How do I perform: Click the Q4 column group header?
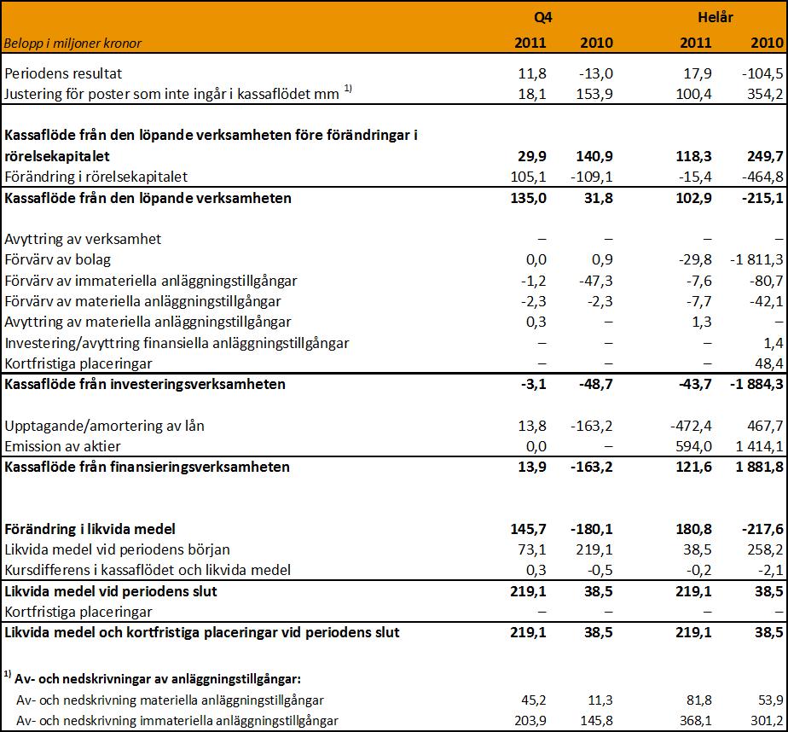coord(542,18)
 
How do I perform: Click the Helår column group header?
coord(716,17)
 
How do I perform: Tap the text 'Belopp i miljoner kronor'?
coord(72,44)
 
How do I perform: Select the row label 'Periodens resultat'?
coord(63,73)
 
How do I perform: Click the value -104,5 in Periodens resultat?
coord(762,73)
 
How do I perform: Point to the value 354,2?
coord(765,94)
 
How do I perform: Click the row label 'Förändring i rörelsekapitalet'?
coord(96,177)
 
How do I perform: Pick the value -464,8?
coord(762,177)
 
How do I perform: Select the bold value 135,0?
coord(528,198)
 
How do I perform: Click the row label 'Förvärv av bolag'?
coord(58,260)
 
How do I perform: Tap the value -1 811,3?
coord(756,260)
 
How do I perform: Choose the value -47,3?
coord(596,281)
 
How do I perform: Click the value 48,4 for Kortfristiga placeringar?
coord(769,363)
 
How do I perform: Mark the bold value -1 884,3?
coord(756,385)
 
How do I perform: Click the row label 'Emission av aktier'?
coord(63,446)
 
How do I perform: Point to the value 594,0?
coord(694,446)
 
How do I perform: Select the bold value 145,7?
coord(528,530)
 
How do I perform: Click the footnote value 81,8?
coord(698,700)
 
